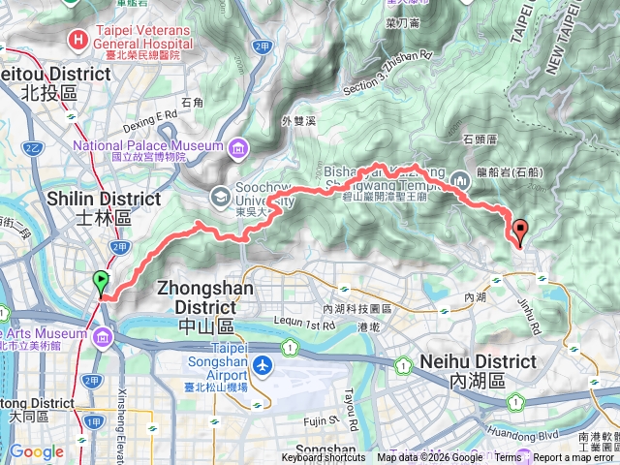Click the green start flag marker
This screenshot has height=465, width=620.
tap(102, 282)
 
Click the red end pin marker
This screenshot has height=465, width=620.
tap(521, 232)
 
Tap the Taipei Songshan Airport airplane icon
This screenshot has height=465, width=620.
tap(263, 366)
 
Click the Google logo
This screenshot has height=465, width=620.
tap(36, 451)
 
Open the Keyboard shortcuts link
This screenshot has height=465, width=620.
tap(324, 458)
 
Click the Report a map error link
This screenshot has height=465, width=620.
tap(574, 458)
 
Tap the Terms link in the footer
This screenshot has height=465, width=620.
tap(508, 458)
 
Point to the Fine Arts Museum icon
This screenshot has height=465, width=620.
tap(104, 336)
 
